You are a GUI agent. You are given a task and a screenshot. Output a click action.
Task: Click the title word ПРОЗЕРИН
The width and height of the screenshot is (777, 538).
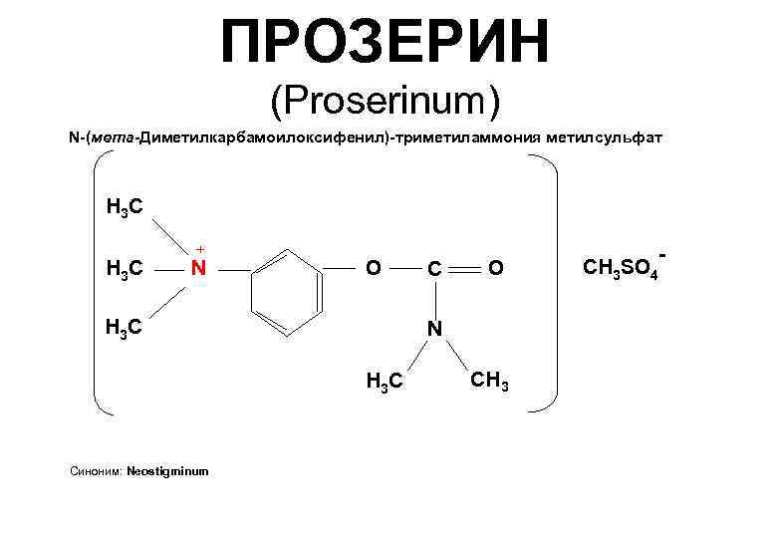(x=387, y=41)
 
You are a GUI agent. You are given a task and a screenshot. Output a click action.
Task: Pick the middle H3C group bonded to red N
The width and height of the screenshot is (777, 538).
(x=125, y=268)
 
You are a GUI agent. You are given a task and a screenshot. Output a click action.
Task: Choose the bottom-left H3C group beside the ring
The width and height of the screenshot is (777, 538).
(x=125, y=327)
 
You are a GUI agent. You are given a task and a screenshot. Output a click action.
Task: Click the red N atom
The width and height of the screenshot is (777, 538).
(x=198, y=268)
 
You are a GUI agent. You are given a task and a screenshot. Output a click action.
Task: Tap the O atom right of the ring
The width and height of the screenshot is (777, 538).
(x=372, y=267)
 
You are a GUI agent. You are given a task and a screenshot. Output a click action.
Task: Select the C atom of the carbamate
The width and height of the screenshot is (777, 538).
(x=434, y=268)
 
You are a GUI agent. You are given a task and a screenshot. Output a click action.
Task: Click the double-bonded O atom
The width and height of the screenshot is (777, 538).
(x=497, y=267)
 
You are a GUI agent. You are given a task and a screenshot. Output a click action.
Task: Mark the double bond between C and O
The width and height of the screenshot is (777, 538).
(x=465, y=267)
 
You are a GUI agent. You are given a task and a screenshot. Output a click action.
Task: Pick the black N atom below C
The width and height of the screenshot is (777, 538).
(x=434, y=328)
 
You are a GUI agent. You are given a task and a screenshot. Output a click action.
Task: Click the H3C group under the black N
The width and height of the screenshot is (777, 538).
(x=386, y=380)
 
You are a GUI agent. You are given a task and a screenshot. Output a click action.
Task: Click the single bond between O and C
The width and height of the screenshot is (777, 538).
(x=402, y=267)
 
